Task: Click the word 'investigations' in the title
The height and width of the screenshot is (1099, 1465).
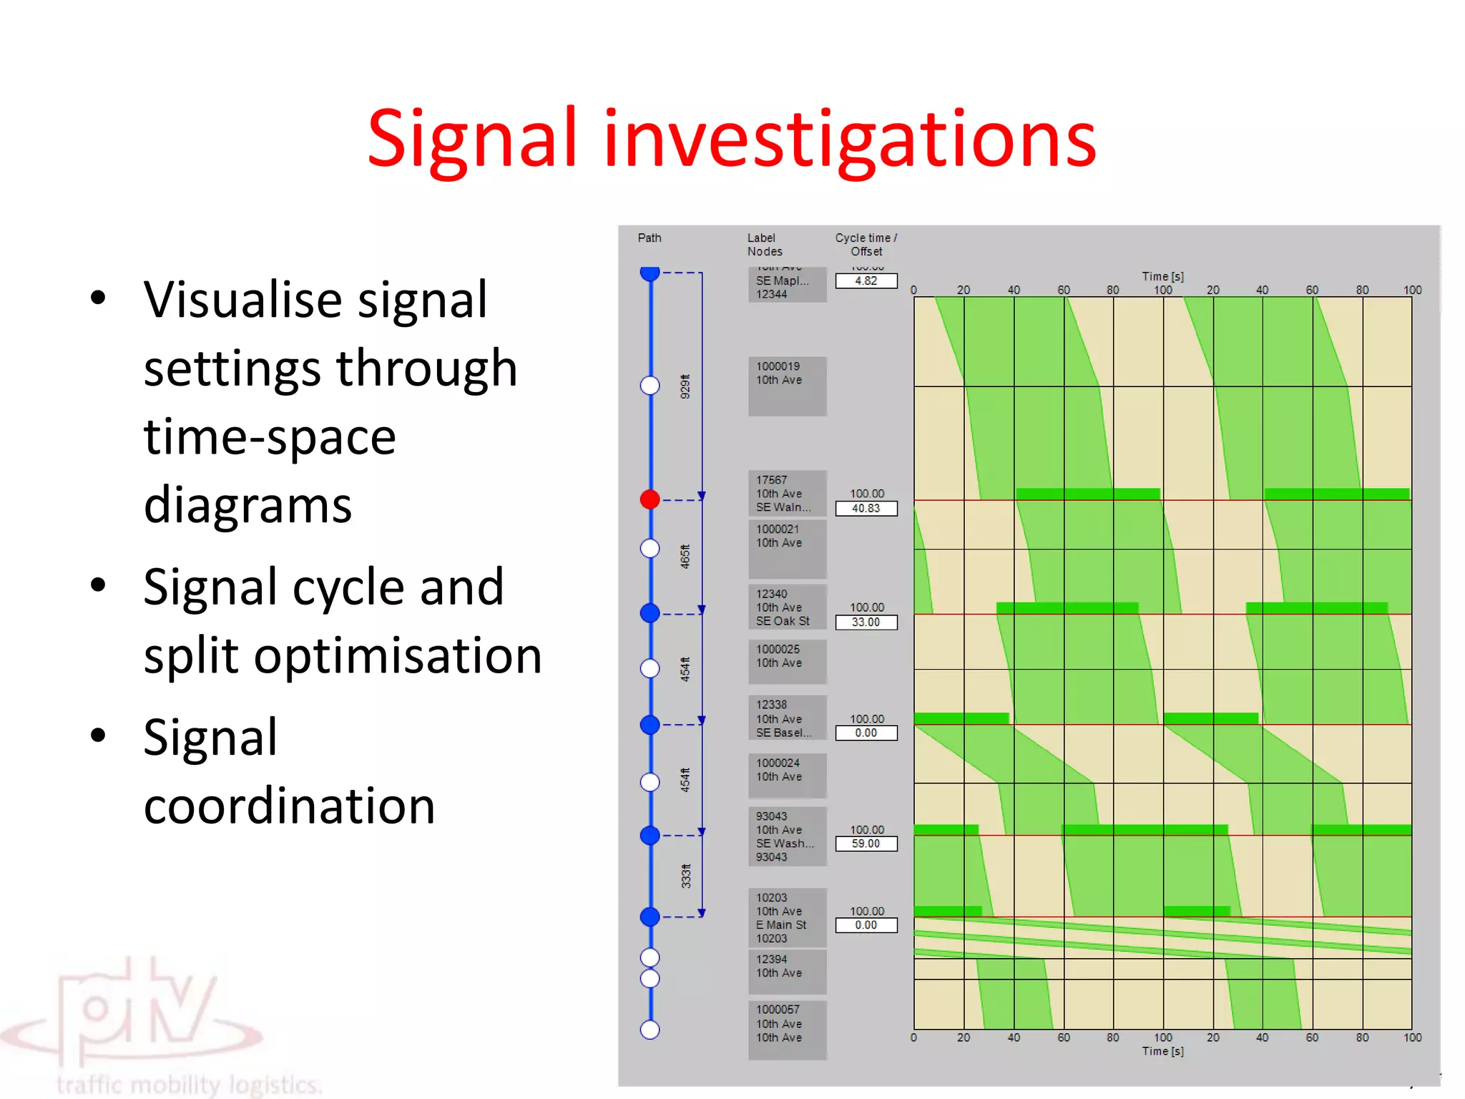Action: (849, 140)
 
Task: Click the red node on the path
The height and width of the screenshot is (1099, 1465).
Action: (650, 499)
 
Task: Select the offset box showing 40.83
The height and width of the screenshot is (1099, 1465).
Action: (866, 509)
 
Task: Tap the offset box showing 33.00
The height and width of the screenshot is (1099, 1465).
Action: (866, 622)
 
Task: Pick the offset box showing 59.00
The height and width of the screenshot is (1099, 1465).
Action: (866, 844)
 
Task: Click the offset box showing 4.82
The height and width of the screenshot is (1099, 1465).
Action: (866, 281)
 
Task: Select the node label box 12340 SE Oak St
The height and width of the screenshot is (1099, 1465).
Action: (787, 607)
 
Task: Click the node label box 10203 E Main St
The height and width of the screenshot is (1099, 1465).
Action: (787, 918)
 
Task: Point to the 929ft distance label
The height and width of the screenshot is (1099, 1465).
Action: (685, 386)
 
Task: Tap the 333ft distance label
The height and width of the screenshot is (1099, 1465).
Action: (685, 876)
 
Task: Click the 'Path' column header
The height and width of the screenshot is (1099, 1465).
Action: (650, 238)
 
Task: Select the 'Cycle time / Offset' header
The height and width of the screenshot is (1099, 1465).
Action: (866, 245)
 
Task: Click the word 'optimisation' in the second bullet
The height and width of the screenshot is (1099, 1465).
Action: (398, 656)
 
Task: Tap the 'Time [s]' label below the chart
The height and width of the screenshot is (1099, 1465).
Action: (1162, 1051)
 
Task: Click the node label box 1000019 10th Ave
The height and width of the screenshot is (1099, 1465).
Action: (787, 386)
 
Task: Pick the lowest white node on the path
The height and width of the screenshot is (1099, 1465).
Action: (650, 1030)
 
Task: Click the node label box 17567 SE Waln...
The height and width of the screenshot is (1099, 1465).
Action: (787, 494)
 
